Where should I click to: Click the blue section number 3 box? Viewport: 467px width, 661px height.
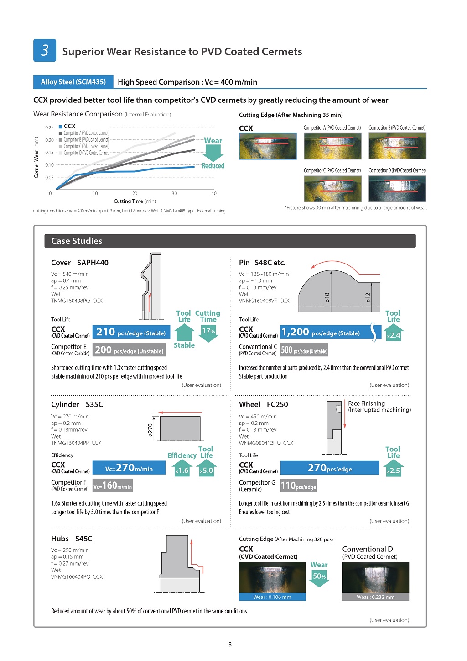(x=45, y=50)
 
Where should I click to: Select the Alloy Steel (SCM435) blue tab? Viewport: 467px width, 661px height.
(x=73, y=82)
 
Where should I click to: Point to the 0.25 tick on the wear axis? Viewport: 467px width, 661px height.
(x=49, y=127)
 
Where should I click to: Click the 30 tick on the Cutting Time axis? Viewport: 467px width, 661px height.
(x=174, y=193)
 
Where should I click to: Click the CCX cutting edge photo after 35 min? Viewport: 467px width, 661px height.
(x=268, y=146)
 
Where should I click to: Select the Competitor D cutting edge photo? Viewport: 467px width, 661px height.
(x=397, y=189)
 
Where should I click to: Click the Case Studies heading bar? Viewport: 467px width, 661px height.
(x=230, y=241)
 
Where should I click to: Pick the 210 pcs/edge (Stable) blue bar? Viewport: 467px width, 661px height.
(x=131, y=332)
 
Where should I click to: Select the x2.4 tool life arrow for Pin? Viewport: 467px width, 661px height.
(x=393, y=334)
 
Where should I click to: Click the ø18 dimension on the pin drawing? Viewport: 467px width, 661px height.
(x=327, y=298)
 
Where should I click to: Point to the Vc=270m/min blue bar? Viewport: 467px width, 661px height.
(x=129, y=468)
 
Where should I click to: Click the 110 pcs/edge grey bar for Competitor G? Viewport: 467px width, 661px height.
(x=298, y=486)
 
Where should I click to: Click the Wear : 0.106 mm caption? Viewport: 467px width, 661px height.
(x=272, y=597)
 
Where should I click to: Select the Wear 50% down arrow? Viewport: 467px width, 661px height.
(x=319, y=577)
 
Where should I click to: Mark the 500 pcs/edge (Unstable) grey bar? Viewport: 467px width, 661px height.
(x=304, y=350)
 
